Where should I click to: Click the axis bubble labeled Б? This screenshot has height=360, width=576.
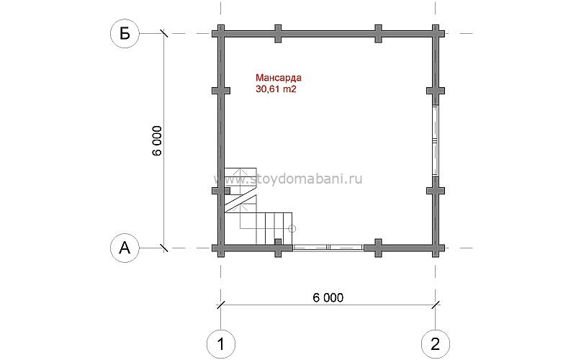125,33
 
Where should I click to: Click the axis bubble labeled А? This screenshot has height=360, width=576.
125,248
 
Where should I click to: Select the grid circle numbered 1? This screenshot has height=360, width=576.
221,344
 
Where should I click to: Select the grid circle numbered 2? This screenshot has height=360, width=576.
436,344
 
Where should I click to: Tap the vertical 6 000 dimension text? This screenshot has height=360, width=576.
157,141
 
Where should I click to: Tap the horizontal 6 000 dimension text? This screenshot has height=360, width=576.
328,297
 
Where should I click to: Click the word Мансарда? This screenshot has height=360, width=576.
279,78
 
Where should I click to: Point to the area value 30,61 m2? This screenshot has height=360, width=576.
276,89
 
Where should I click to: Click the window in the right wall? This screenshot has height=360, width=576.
436,141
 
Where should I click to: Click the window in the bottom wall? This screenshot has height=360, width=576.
328,248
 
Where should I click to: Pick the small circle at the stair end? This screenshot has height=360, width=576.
292,229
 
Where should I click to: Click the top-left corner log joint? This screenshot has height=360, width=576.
221,34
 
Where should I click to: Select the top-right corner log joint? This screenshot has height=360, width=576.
436,34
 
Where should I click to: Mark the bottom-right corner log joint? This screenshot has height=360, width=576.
436,248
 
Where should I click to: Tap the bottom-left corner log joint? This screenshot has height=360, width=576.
221,248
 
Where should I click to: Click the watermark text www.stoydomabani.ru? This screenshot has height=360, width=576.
288,179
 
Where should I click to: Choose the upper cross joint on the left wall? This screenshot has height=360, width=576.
221,91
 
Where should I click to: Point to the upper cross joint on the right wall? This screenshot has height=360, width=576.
436,91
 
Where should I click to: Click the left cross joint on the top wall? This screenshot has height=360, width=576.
278,34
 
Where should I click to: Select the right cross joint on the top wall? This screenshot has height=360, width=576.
379,34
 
